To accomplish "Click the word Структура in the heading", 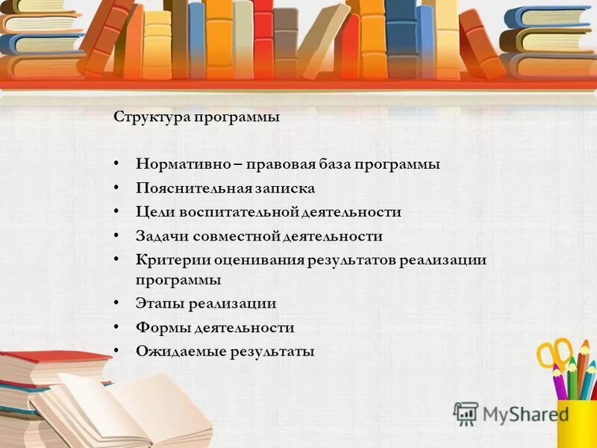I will point(149,117).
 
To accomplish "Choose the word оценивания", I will point(260,260).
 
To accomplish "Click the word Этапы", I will point(160,303).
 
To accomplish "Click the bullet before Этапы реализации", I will point(117,303).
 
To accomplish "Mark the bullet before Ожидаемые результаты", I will point(117,351).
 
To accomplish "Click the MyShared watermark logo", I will point(511,414).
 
